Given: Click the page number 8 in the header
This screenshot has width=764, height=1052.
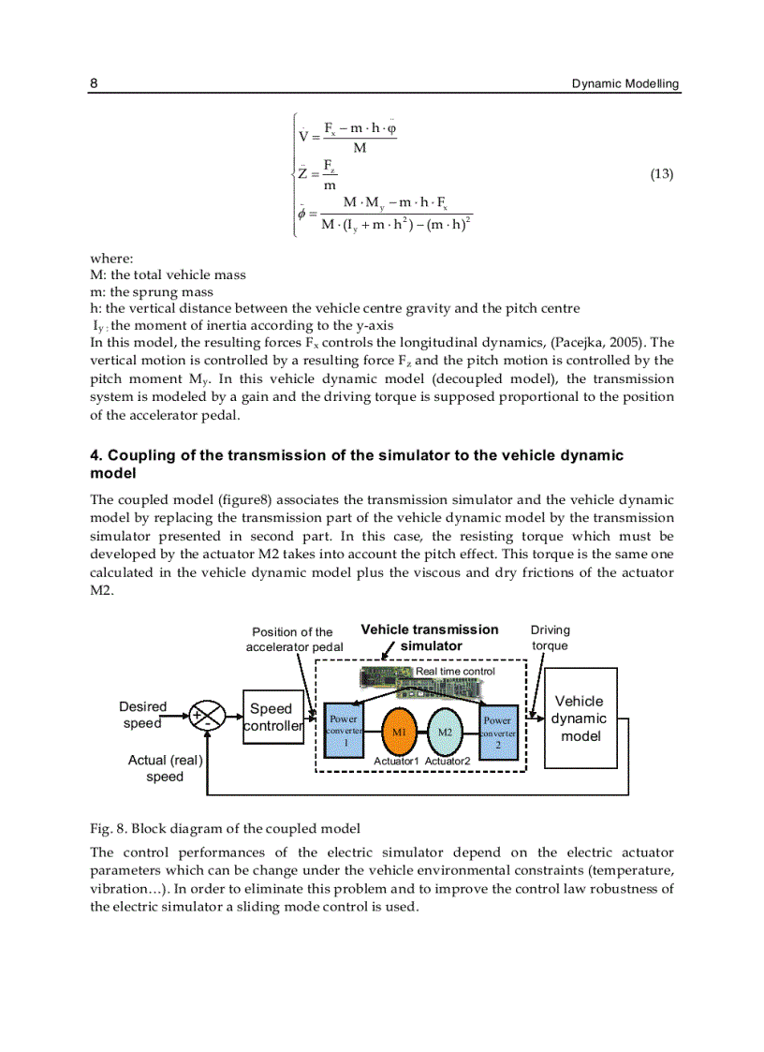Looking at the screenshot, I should [x=94, y=83].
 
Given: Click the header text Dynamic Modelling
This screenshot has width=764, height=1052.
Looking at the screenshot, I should [x=625, y=83].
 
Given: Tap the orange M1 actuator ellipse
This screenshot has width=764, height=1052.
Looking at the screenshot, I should [x=398, y=731].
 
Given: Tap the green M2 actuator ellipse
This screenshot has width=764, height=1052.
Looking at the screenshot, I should [x=447, y=731].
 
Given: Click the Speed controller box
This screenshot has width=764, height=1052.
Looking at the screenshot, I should [x=272, y=718].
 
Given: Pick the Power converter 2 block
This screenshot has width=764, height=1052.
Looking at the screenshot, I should [x=498, y=731].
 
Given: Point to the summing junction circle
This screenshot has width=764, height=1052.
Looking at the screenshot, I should [x=207, y=717].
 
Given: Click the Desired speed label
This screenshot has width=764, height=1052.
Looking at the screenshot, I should [x=142, y=715].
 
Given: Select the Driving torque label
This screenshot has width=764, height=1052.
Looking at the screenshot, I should [x=550, y=638].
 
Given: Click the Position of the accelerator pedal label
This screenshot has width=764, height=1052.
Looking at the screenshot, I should [x=293, y=639].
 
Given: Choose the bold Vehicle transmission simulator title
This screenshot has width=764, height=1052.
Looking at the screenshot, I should [x=430, y=638].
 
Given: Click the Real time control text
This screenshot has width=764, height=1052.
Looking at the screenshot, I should [x=455, y=671].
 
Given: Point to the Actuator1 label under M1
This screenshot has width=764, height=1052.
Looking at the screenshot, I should [x=397, y=762].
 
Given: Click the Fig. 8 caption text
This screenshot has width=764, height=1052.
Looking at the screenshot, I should [x=225, y=828].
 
